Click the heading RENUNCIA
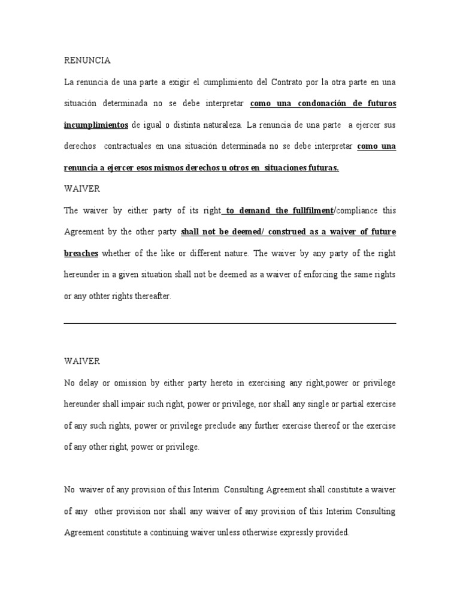pos(87,61)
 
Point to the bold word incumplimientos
pos(96,125)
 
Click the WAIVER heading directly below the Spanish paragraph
pos(82,189)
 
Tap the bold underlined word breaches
pos(81,254)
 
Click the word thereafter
pos(152,297)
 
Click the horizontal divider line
pos(230,323)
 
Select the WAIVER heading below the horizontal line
pos(82,362)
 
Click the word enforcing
pos(331,275)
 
